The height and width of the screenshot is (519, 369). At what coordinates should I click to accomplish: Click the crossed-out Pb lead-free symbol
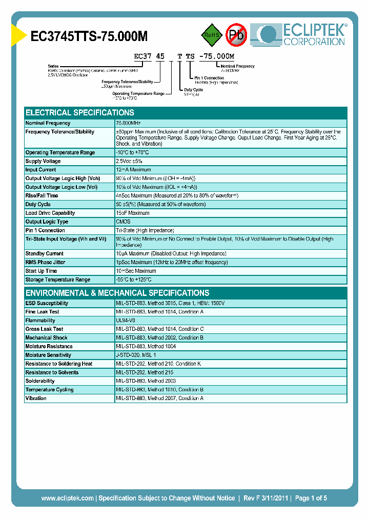236,35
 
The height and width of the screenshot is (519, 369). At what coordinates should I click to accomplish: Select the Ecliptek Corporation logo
302,34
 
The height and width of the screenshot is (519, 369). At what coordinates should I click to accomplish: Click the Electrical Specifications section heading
80,113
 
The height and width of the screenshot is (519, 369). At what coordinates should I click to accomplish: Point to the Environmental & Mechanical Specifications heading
117,293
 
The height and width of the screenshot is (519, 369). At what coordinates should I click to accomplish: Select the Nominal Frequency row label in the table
48,123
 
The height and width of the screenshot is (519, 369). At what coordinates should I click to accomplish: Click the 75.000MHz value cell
129,123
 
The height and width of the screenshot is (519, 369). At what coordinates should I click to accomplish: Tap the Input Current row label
41,170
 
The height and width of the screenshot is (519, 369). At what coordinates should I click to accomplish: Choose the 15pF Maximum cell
133,213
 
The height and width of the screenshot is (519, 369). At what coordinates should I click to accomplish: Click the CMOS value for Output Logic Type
123,222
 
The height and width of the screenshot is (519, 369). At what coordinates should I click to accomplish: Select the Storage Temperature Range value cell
134,280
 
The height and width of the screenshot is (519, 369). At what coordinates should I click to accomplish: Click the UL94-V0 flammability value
126,321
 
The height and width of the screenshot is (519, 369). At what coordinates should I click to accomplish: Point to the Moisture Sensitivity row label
48,355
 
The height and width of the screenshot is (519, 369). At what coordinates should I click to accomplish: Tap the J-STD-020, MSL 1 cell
136,355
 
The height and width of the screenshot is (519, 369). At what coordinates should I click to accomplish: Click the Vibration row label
36,398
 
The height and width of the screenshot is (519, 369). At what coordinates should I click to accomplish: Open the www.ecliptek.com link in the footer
67,498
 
